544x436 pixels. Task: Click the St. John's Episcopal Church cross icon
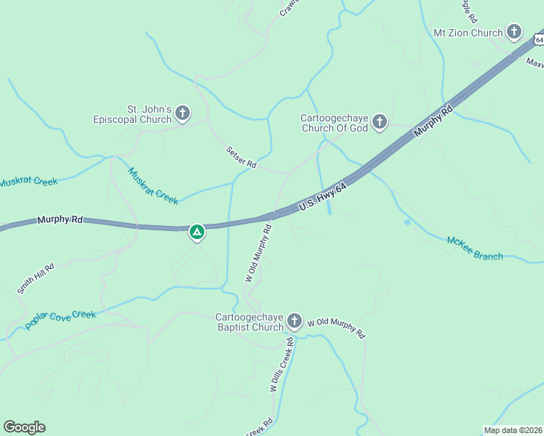[x=183, y=113]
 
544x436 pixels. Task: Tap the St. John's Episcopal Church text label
[x=132, y=114]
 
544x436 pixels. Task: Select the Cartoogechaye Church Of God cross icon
[x=380, y=123]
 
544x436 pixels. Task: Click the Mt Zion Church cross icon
[x=514, y=32]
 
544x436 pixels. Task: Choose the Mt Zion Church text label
[x=468, y=33]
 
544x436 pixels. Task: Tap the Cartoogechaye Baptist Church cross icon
[x=295, y=320]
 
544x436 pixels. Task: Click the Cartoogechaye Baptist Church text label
[x=249, y=322]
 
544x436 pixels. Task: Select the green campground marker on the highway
[x=196, y=233]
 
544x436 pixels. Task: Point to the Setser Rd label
[x=241, y=157]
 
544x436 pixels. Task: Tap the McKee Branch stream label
[x=475, y=247]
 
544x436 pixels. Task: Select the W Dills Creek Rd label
[x=281, y=365]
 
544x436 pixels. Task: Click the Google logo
[x=24, y=427]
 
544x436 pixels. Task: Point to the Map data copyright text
[x=513, y=429]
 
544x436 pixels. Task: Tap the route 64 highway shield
[x=537, y=37]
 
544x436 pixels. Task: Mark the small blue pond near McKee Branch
[x=407, y=222]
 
